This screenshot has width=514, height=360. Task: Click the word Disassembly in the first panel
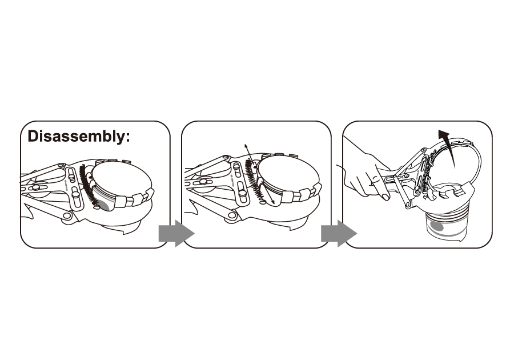75,137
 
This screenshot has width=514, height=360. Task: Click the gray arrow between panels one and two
176,234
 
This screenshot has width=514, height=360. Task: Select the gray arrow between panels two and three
339,234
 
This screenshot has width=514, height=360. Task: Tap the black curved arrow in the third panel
449,147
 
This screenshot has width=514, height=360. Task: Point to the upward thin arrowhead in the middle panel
246,146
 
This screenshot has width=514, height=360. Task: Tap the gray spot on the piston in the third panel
437,226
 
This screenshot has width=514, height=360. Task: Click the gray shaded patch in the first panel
105,206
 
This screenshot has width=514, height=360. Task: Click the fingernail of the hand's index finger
385,197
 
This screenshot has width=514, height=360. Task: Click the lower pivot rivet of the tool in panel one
67,215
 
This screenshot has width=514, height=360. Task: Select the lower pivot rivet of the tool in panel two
233,215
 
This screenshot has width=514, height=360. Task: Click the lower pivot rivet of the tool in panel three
407,205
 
